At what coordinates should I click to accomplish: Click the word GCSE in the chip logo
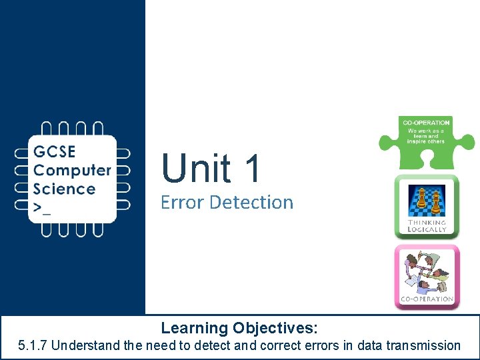55,152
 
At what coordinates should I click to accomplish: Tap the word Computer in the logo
72,171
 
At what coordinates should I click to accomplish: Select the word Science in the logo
65,189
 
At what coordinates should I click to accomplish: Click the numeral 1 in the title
252,168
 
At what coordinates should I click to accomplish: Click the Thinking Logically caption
427,226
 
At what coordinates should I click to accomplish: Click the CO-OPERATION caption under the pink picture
427,299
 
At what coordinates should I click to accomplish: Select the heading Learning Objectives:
239,328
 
